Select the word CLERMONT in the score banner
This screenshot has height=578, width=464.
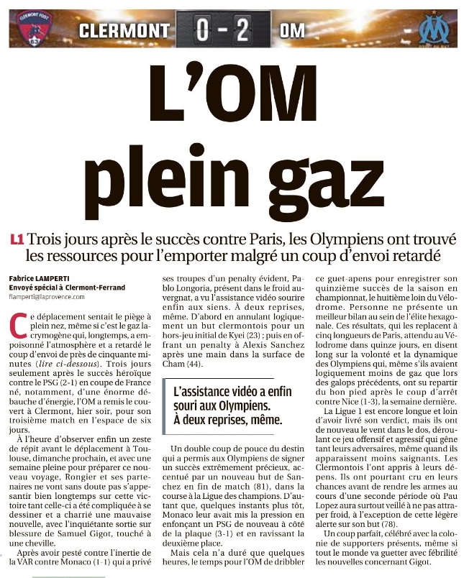(124, 31)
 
